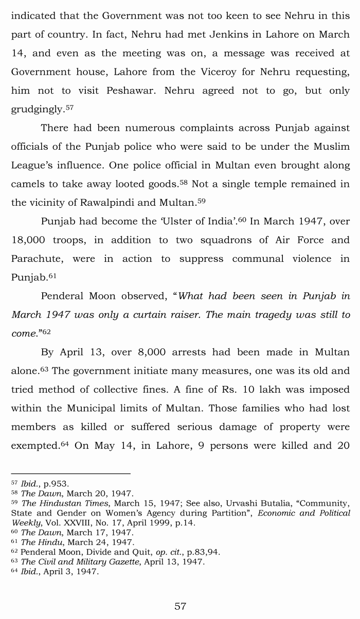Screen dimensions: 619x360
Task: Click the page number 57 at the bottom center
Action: coord(180,606)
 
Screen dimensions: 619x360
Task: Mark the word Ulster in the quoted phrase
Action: coord(177,221)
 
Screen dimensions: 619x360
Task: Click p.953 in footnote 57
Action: coord(55,484)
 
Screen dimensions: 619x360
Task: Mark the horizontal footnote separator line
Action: coord(70,474)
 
